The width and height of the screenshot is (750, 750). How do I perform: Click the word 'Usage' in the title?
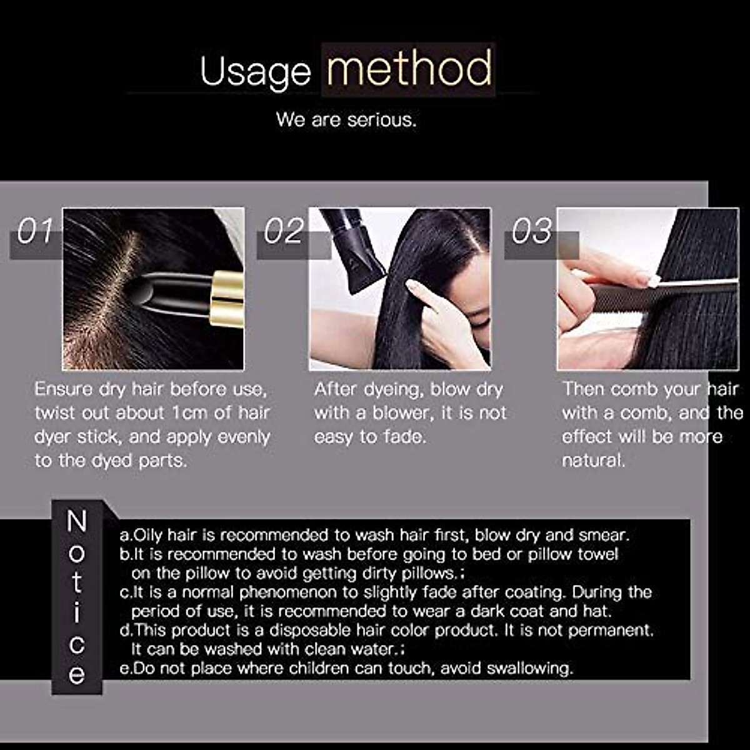(x=255, y=72)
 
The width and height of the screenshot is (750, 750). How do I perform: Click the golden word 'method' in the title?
(x=409, y=69)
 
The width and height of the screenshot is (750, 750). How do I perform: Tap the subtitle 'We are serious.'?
(x=346, y=119)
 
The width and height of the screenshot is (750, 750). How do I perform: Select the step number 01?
(x=35, y=232)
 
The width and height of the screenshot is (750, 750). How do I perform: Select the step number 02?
(x=283, y=232)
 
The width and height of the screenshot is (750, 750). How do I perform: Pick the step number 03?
(x=531, y=232)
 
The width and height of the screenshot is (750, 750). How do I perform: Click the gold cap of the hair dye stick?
(x=227, y=299)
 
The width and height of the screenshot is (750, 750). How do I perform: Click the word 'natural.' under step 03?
(x=593, y=461)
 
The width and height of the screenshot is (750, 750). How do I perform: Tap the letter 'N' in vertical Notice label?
(x=76, y=522)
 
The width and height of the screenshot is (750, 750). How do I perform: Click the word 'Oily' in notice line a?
(x=149, y=536)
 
